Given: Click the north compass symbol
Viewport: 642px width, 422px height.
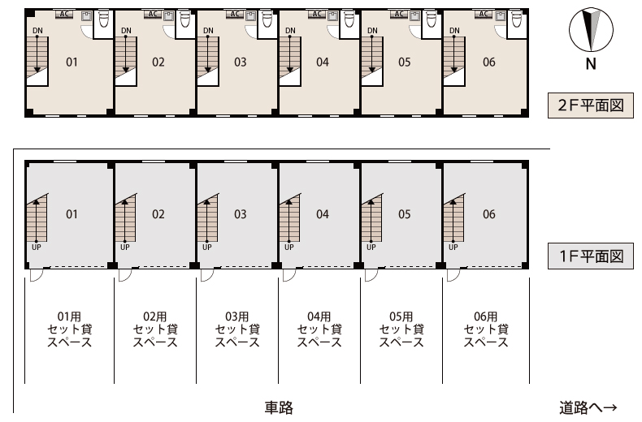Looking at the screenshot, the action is coord(591,30).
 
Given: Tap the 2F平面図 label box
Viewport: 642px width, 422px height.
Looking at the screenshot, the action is coord(591,105).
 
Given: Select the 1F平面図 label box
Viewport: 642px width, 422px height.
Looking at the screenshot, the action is coord(591,256).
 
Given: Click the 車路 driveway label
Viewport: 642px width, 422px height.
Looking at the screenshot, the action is coord(279,407).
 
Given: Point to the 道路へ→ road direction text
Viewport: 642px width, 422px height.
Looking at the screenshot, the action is coord(588,407).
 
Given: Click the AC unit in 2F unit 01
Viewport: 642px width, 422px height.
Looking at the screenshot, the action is coord(64,15).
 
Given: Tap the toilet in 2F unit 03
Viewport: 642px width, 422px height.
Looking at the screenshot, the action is coord(267,19).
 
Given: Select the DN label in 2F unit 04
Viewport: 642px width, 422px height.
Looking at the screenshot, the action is coord(290,30).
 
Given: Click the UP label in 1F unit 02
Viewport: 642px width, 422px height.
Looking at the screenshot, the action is coord(125,247).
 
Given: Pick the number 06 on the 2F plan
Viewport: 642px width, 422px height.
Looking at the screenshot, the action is coord(489,62).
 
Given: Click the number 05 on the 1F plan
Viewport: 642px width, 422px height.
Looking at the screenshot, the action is coord(404,214).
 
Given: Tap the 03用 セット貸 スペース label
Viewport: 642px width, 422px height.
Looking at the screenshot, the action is coord(237,329).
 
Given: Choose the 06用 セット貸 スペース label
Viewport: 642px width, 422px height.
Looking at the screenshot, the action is coord(486,329).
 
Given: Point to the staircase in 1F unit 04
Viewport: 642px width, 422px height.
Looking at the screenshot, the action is coord(290,218).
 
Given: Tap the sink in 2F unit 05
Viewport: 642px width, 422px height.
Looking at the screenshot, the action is coord(414,16).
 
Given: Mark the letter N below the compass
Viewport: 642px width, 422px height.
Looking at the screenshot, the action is coord(591,64).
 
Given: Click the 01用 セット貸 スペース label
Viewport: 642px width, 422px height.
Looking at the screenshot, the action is coord(70,329).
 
